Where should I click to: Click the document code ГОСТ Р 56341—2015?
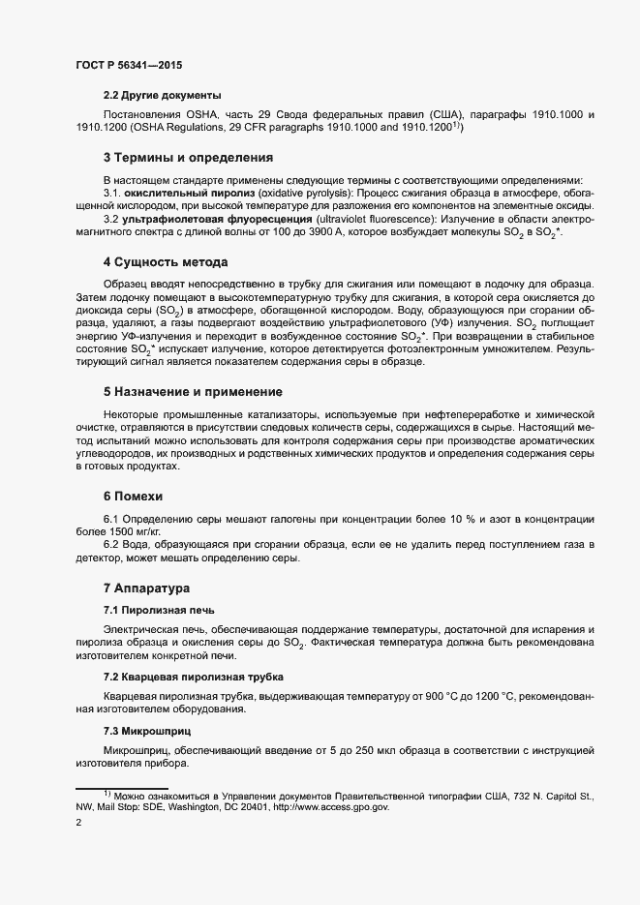point(128,65)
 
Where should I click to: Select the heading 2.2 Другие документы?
point(163,95)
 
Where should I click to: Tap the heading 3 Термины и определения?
point(188,157)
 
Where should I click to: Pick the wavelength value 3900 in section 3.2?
point(362,233)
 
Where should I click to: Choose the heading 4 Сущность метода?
point(166,262)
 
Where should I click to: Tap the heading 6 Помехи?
point(139,496)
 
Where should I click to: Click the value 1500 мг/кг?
point(137,532)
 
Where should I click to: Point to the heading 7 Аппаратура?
point(147,588)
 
